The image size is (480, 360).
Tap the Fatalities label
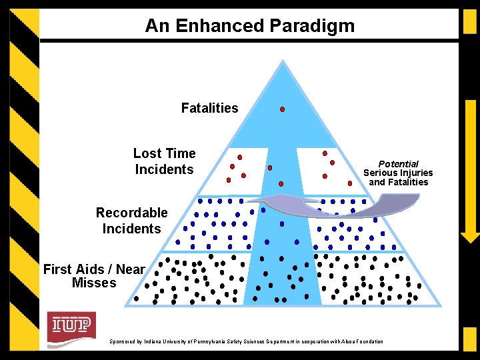(x=209, y=108)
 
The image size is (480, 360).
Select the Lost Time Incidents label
(x=164, y=161)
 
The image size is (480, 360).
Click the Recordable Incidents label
(x=131, y=221)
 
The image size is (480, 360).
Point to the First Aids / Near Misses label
(x=94, y=276)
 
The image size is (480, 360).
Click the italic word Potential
(x=398, y=164)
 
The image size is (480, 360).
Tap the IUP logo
(x=71, y=326)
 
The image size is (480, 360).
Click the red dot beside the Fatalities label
(x=282, y=109)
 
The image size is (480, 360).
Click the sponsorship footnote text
(x=246, y=342)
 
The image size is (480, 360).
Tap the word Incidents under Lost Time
(x=164, y=169)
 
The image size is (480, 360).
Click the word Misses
(x=94, y=283)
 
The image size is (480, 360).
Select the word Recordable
(x=131, y=213)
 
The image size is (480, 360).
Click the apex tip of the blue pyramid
(x=284, y=61)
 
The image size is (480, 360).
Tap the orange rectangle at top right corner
(x=469, y=21)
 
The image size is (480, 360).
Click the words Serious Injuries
(x=398, y=173)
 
